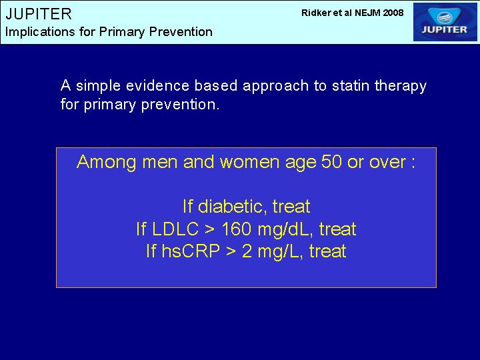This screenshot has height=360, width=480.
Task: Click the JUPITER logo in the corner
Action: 445,22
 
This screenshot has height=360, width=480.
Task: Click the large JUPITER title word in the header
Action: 39,14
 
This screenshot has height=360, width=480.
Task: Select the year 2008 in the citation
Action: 393,13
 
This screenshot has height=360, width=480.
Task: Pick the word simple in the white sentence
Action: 98,86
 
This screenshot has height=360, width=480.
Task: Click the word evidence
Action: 157,86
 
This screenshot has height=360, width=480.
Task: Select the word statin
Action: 351,86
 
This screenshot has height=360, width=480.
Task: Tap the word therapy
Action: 401,87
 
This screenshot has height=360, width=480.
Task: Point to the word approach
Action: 275,87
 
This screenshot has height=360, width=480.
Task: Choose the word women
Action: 250,161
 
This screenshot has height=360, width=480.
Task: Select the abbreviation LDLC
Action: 175,229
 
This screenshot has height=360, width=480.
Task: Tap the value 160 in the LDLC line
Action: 236,229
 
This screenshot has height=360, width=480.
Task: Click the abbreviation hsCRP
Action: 191,251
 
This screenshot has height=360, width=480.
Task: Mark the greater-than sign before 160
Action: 210,229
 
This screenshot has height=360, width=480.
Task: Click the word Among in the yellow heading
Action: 106,162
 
